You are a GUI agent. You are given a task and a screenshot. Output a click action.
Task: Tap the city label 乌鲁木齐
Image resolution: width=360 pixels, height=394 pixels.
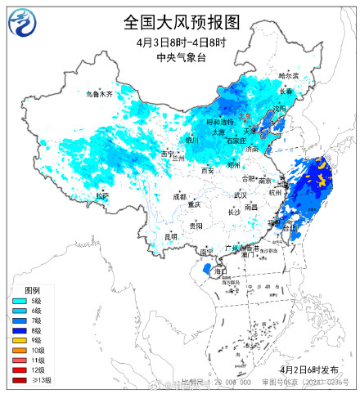click(99, 94)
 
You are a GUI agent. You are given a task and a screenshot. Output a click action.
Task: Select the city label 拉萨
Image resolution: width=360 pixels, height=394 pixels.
click(101, 196)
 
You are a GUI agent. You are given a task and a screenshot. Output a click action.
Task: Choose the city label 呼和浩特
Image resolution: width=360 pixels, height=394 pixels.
click(219, 122)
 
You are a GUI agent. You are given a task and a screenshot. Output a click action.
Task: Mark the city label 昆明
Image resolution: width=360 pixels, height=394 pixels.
click(170, 236)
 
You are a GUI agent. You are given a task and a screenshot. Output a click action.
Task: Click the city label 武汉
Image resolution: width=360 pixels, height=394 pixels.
click(240, 195)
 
